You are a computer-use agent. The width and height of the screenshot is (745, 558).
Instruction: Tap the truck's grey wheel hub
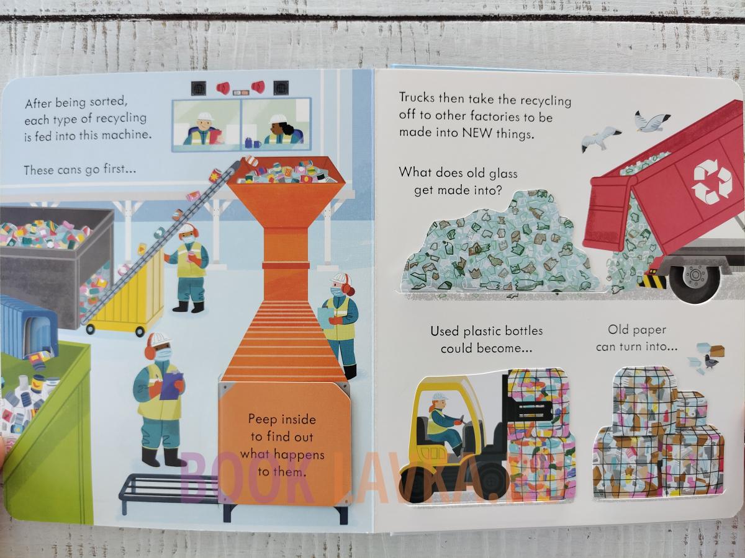click(x=695, y=274)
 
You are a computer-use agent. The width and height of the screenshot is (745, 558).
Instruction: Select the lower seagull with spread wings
click(x=600, y=139)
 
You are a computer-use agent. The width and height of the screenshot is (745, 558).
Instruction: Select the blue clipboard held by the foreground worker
click(x=171, y=386)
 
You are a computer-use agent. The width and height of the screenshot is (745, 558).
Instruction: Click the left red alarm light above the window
click(x=223, y=89)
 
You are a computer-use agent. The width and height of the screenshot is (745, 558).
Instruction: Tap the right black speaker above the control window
click(x=281, y=88)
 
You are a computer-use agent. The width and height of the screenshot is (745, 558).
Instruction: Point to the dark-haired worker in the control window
click(x=281, y=130)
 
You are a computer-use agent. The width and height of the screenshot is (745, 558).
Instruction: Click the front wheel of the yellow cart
click(x=140, y=331)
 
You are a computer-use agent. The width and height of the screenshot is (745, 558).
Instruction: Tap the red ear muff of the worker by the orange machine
click(x=350, y=290)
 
